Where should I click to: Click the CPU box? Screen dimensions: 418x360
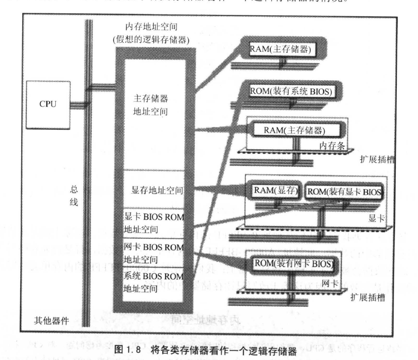(x=47, y=104)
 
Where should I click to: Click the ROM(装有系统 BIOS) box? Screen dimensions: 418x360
(x=291, y=91)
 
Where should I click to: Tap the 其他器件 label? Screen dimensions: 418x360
(x=47, y=320)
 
